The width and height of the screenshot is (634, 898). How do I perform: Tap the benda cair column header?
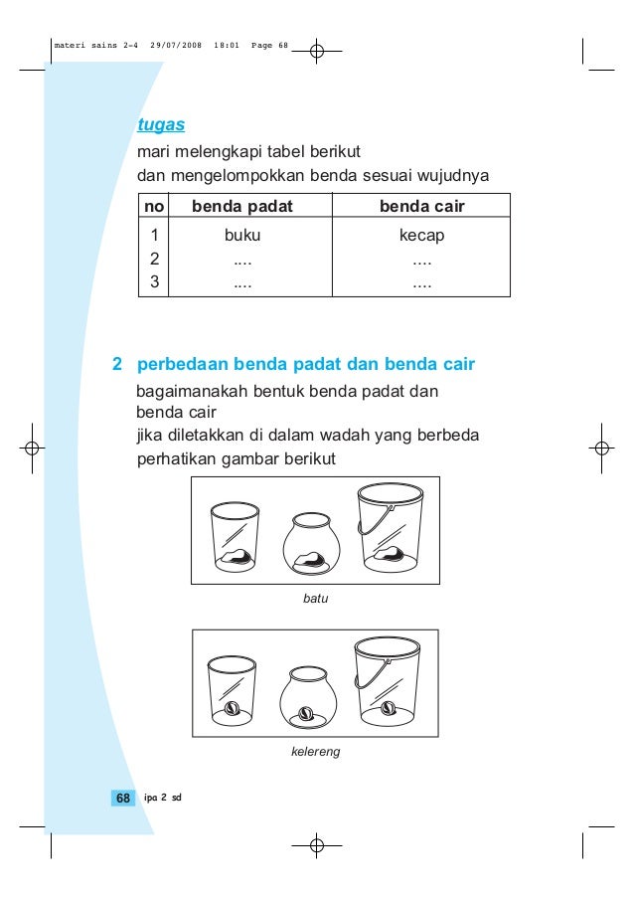pos(422,207)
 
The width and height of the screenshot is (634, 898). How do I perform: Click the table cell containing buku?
pos(242,236)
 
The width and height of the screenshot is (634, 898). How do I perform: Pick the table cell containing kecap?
pos(422,236)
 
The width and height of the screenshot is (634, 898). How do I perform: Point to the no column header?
pos(153,207)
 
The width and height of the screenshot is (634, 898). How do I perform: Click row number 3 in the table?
pos(153,281)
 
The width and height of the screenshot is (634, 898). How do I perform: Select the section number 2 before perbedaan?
pos(117,364)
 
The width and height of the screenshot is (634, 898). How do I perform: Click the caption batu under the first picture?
pos(315,600)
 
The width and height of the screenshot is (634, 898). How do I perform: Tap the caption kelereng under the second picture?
pos(315,752)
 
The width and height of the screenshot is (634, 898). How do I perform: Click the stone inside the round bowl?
pos(307,560)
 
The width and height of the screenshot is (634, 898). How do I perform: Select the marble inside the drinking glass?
pos(232,707)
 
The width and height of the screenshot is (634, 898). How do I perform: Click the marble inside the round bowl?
pos(306,713)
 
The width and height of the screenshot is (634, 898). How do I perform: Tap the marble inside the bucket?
pos(388,708)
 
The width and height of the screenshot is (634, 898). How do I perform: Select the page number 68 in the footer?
pos(123,799)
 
